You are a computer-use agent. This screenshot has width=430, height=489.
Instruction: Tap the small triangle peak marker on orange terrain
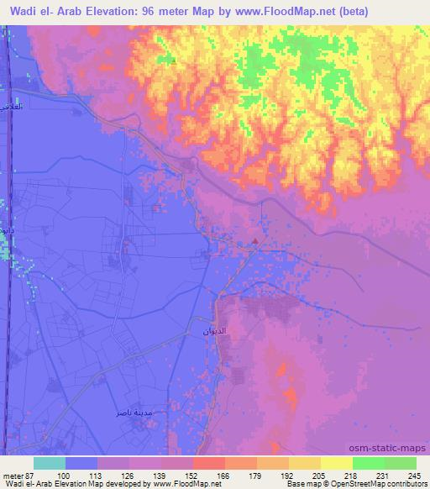tap(174, 60)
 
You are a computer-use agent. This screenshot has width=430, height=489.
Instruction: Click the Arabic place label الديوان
tap(215, 333)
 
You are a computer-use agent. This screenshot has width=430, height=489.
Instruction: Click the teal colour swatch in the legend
tap(49, 464)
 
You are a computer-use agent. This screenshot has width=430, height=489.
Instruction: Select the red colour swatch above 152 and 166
tap(208, 464)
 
